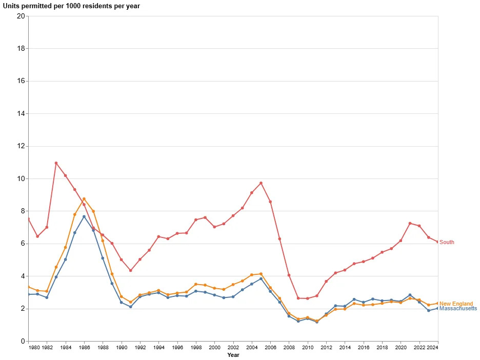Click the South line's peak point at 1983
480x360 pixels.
click(x=56, y=163)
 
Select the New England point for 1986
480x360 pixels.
click(x=84, y=199)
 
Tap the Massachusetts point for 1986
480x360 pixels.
click(x=84, y=216)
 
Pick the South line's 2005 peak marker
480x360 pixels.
click(x=261, y=183)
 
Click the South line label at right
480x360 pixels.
click(x=447, y=243)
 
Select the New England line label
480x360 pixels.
click(x=456, y=304)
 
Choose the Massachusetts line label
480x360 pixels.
click(x=458, y=309)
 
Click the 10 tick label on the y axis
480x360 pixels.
click(x=21, y=179)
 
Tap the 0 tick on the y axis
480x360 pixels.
click(x=23, y=342)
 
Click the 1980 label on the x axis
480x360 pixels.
click(x=34, y=347)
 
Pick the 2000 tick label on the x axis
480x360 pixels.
click(x=214, y=347)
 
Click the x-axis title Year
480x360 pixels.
click(x=233, y=355)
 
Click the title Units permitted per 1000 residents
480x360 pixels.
click(x=71, y=6)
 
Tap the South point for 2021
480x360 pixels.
click(x=410, y=223)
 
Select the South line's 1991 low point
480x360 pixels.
click(x=131, y=271)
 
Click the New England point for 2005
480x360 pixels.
click(x=261, y=274)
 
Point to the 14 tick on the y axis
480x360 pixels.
click(x=21, y=114)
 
